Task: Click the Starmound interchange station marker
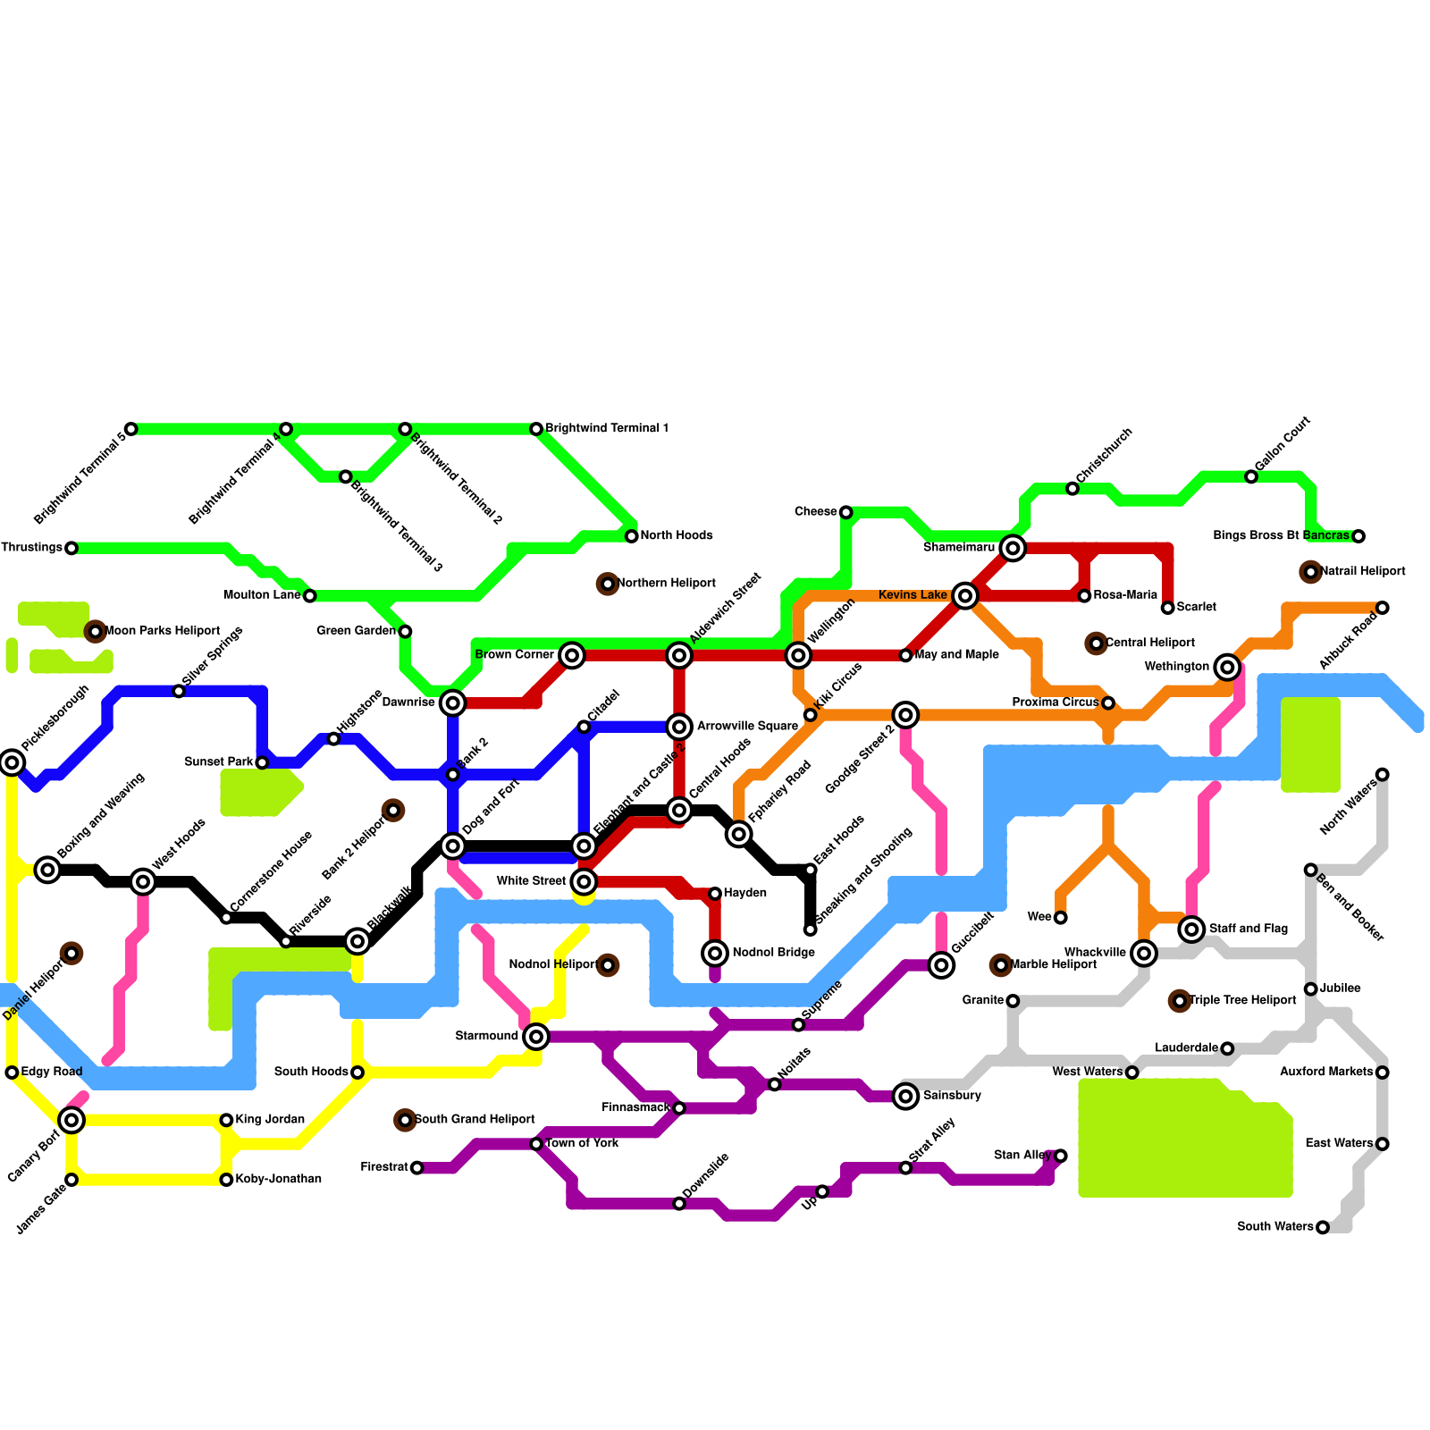pos(536,1037)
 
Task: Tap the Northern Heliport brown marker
pos(608,585)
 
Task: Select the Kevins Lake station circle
pos(964,596)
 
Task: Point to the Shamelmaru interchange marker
pos(1013,548)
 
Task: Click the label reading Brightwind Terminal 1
pos(607,429)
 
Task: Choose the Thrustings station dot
pos(71,548)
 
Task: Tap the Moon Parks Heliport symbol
pos(96,632)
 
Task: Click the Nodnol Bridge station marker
pos(715,954)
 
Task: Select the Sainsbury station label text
pos(952,1096)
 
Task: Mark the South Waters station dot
pos(1323,1228)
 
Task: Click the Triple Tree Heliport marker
pos(1180,1001)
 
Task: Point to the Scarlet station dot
pos(1167,608)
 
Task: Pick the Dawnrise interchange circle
pos(453,703)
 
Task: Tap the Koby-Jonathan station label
pos(278,1180)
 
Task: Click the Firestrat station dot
pos(416,1168)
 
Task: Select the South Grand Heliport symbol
pos(406,1121)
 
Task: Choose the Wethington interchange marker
pos(1227,668)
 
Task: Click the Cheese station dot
pos(845,512)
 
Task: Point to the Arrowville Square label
pos(747,727)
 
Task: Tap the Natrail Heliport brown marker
pos(1311,572)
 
